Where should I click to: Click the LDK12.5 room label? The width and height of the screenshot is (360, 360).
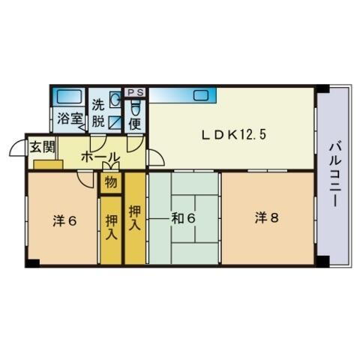tap(233, 135)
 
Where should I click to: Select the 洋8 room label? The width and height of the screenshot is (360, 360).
tap(266, 218)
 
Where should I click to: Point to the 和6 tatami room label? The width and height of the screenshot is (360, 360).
tap(184, 218)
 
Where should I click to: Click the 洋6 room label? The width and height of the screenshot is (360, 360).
tap(64, 221)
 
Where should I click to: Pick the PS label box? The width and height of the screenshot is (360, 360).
tap(136, 92)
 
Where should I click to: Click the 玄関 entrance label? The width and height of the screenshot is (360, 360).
tap(40, 146)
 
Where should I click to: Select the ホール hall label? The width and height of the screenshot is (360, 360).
tap(99, 157)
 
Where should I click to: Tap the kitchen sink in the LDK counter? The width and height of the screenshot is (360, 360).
tap(202, 94)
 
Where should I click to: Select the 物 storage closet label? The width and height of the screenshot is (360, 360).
tap(110, 182)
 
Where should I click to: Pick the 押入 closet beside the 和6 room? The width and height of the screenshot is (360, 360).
tap(136, 217)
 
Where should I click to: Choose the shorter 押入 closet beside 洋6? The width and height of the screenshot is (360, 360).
tap(110, 228)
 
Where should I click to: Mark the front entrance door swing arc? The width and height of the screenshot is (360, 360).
tap(18, 147)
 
